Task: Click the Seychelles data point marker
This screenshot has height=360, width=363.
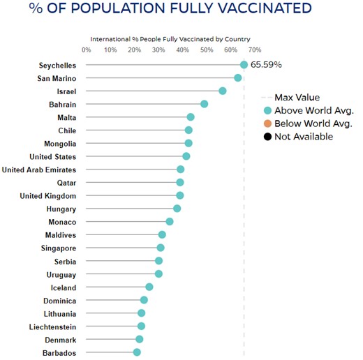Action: [244, 65]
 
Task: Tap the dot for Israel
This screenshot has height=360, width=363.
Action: [222, 91]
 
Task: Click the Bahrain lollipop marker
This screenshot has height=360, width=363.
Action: [204, 104]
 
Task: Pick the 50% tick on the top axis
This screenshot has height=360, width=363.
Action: [207, 50]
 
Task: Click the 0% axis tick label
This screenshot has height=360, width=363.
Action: [86, 50]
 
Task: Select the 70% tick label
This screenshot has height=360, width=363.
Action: [255, 50]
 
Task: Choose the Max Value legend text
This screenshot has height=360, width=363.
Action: [298, 98]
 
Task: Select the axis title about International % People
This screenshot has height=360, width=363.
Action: [170, 39]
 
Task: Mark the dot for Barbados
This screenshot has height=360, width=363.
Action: [137, 352]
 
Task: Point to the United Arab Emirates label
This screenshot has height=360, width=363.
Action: [39, 170]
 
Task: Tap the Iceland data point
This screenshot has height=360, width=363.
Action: [149, 287]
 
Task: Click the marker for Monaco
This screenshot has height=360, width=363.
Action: [169, 221]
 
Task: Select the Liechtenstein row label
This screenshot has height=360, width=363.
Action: [53, 327]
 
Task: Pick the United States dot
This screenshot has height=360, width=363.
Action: [186, 156]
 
